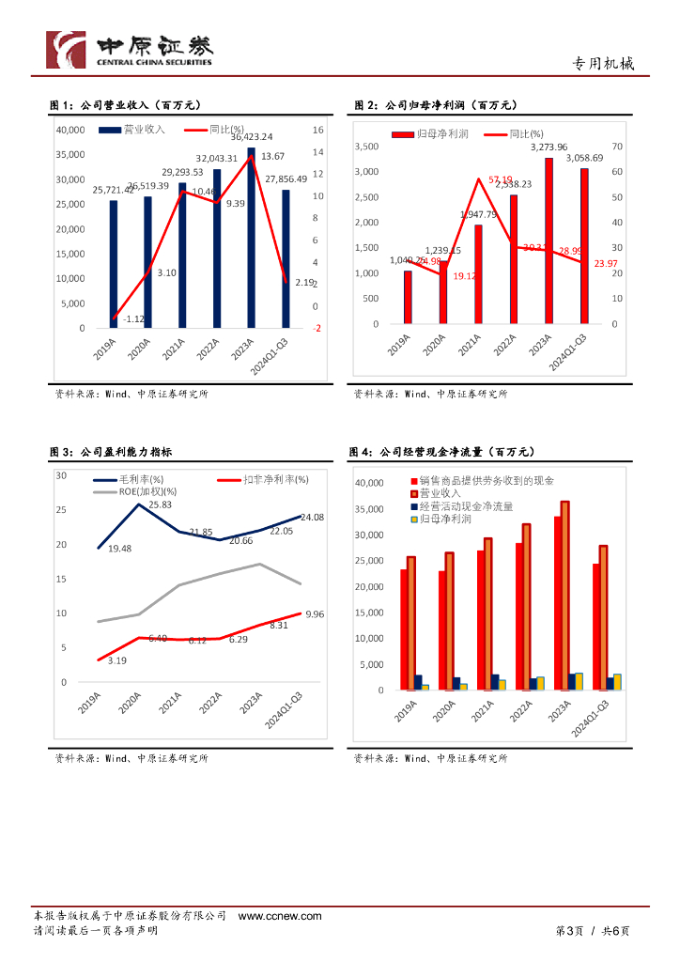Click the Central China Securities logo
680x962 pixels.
[129, 49]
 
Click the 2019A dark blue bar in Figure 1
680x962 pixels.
[114, 264]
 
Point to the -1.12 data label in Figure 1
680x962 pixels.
[135, 319]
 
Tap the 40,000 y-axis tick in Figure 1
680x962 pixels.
[71, 130]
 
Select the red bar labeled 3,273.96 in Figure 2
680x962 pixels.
[549, 240]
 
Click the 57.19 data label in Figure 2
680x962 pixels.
[501, 179]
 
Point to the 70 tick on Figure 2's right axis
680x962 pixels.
[617, 147]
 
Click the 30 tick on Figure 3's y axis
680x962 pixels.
[61, 475]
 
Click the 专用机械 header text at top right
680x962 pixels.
[604, 64]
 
